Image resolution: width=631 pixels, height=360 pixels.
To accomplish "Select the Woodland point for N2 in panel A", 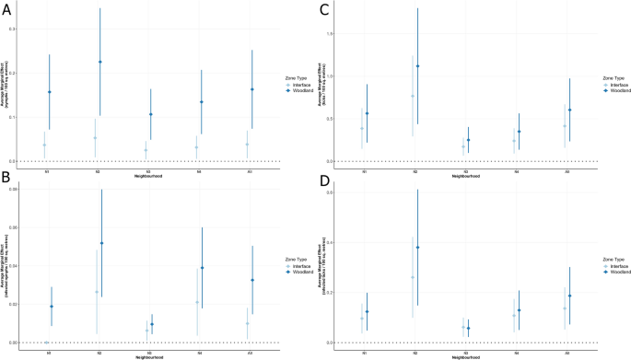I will click(x=99, y=62).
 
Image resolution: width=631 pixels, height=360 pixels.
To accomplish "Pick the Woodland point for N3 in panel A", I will click(x=150, y=114).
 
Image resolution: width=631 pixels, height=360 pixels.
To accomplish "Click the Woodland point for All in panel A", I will click(x=251, y=89).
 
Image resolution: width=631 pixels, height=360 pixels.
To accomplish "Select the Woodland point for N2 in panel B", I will click(x=101, y=243).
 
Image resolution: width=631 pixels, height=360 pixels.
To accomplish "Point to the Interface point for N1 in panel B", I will click(x=46, y=343).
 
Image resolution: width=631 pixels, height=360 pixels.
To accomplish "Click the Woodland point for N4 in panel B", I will click(x=202, y=268).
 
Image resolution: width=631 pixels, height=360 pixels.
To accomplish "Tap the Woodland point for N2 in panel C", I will click(x=417, y=66).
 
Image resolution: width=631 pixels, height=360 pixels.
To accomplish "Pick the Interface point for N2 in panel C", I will click(x=413, y=96).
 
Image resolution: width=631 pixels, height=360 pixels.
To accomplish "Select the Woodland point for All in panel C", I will click(x=570, y=110).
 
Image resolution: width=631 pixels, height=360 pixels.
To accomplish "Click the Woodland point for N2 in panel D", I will click(x=417, y=248).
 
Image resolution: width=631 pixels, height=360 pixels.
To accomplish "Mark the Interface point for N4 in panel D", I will click(x=514, y=316).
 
